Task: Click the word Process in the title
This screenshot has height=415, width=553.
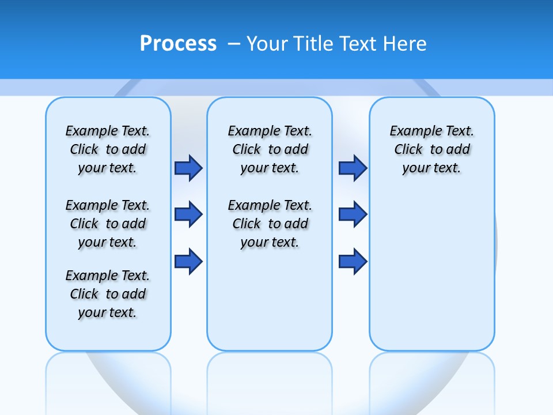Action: click(178, 43)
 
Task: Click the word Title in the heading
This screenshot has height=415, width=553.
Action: click(315, 44)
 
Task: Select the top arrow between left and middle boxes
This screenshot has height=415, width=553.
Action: click(188, 168)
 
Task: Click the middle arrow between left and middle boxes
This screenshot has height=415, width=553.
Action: click(188, 214)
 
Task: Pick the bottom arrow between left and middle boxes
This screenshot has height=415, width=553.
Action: click(188, 261)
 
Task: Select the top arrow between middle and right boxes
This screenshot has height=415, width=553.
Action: click(353, 168)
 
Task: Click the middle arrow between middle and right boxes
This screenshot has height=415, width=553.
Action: click(353, 214)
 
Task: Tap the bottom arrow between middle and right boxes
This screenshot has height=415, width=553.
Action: click(353, 261)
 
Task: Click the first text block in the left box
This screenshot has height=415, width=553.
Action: click(108, 149)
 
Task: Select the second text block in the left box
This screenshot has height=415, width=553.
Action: click(108, 224)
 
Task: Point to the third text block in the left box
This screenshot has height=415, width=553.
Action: click(108, 294)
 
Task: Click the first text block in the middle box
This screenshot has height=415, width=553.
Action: click(270, 149)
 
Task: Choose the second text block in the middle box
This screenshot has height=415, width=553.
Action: click(270, 224)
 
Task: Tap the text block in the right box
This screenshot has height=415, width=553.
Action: click(432, 149)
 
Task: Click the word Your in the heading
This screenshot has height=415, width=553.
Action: click(267, 44)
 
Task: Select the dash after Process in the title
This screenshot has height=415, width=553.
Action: click(234, 44)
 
